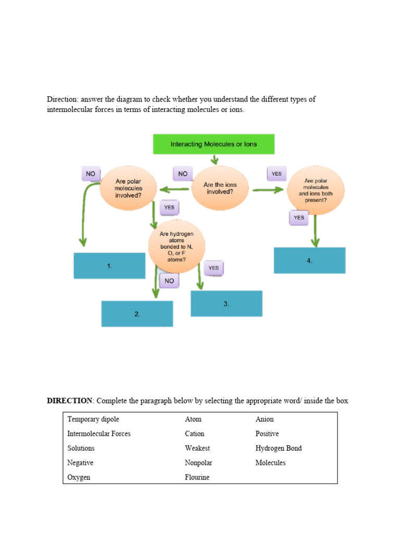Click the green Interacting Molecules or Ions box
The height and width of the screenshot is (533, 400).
(x=214, y=144)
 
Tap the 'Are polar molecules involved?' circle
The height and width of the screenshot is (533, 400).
(x=128, y=189)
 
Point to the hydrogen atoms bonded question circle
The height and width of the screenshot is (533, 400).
(x=177, y=247)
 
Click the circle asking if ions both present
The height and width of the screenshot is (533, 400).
(x=316, y=190)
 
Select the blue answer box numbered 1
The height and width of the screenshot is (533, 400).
(x=109, y=266)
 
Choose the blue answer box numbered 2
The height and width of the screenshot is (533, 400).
(x=137, y=314)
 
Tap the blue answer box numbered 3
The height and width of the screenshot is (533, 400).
(x=226, y=303)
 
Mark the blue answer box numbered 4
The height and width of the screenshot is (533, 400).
(x=309, y=260)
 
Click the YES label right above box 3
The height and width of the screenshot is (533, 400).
(x=214, y=268)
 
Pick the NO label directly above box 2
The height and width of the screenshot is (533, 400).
(x=169, y=281)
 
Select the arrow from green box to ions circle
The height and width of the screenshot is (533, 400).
(x=214, y=159)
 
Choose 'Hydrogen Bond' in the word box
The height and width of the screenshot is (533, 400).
(x=278, y=448)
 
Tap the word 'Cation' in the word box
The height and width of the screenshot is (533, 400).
(x=194, y=434)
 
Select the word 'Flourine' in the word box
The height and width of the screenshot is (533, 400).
(x=197, y=477)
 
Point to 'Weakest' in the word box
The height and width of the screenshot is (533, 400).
(x=197, y=448)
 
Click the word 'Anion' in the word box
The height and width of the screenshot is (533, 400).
(x=264, y=419)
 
